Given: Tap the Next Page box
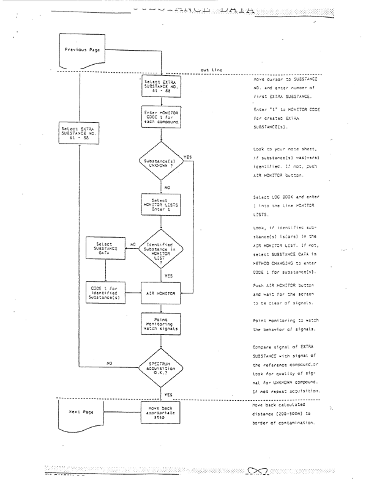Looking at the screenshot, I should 80,411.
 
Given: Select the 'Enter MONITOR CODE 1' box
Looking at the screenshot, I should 161,116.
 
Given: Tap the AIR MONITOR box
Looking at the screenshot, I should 161,293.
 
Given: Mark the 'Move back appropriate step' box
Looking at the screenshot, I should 161,412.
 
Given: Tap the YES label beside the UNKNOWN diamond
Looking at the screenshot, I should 187,156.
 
